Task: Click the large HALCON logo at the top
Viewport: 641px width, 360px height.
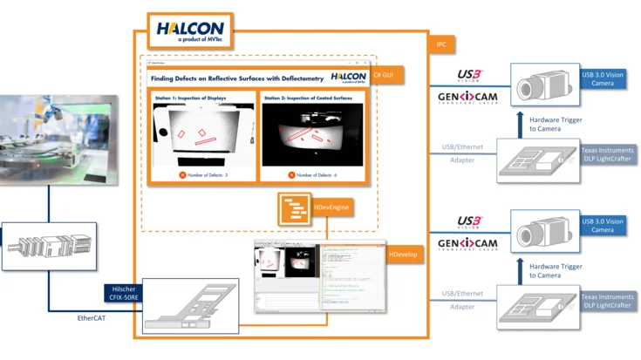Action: tap(190, 32)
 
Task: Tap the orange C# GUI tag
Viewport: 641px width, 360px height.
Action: tap(388, 76)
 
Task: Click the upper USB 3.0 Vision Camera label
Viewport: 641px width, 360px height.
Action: tap(603, 79)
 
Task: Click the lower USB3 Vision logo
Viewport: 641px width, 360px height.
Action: tap(469, 221)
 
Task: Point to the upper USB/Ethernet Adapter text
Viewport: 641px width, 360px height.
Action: tap(461, 153)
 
